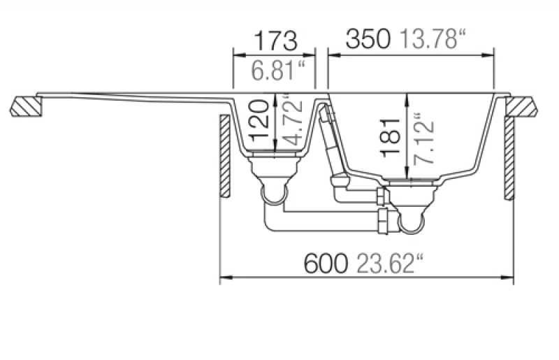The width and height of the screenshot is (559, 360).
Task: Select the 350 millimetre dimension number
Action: (368, 39)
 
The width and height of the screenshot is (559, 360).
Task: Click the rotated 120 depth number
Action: (259, 120)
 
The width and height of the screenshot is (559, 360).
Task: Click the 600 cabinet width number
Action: (325, 264)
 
